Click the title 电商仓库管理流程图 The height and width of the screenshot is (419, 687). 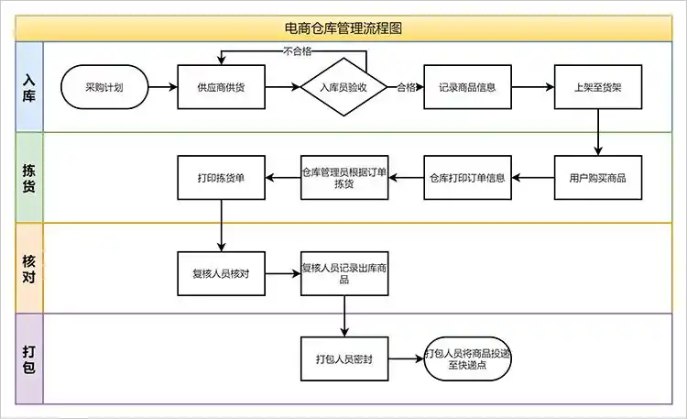click(x=343, y=28)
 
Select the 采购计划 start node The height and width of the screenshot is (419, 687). click(x=104, y=88)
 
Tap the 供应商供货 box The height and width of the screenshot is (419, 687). click(x=221, y=88)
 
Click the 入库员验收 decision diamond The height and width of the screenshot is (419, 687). click(x=344, y=88)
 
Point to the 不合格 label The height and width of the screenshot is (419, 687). click(x=298, y=51)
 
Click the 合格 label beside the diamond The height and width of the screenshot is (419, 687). click(x=407, y=88)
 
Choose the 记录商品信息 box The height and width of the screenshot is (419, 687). click(x=467, y=88)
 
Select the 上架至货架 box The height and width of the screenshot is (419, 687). click(x=598, y=88)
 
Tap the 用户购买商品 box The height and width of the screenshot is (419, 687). click(x=598, y=177)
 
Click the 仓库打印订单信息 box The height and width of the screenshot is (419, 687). click(x=467, y=177)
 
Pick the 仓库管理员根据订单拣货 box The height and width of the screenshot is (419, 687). click(x=344, y=177)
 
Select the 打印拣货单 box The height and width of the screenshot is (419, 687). click(x=221, y=177)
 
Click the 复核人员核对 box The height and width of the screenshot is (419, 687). click(x=221, y=273)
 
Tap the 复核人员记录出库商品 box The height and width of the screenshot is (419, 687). click(x=344, y=273)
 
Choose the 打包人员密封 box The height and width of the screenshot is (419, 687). click(x=344, y=358)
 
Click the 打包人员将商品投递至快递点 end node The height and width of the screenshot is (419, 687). click(x=467, y=358)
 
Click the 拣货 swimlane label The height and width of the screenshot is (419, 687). click(x=28, y=177)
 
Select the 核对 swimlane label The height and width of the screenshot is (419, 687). click(x=28, y=267)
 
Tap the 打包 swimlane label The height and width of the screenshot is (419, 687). click(x=28, y=358)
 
